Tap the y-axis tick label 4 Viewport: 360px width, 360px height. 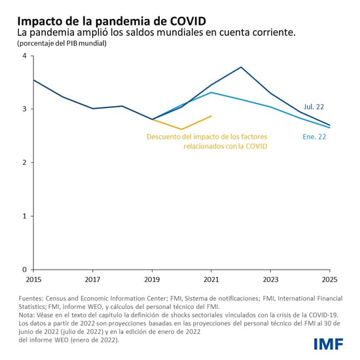pyautogui.click(x=24, y=56)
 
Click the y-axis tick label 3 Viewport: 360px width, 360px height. pyautogui.click(x=24, y=109)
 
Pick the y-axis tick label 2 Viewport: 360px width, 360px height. pyautogui.click(x=24, y=163)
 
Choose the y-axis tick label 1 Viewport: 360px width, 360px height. pyautogui.click(x=24, y=216)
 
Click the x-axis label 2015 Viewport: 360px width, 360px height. pyautogui.click(x=33, y=278)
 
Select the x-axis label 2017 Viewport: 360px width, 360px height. pyautogui.click(x=92, y=278)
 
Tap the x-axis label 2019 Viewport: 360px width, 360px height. pyautogui.click(x=152, y=278)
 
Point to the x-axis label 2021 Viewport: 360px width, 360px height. pyautogui.click(x=211, y=278)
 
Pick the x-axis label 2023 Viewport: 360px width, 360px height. pyautogui.click(x=270, y=278)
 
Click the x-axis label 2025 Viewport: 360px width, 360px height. pyautogui.click(x=329, y=278)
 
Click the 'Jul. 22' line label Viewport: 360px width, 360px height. pyautogui.click(x=313, y=107)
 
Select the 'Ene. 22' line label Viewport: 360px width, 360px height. pyautogui.click(x=314, y=137)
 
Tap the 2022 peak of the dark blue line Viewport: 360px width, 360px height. pyautogui.click(x=241, y=67)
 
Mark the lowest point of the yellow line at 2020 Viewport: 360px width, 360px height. pyautogui.click(x=181, y=129)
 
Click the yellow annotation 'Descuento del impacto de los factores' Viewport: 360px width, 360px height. pyautogui.click(x=206, y=137)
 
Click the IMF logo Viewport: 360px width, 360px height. pyautogui.click(x=329, y=343)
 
